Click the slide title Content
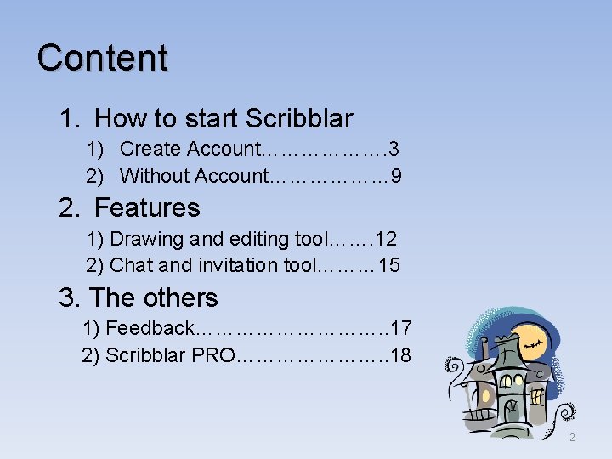point(102,58)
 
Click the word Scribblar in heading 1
point(299,118)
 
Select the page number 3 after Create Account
point(394,149)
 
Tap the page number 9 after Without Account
point(396,176)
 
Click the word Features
point(147,207)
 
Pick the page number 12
point(386,240)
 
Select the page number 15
point(388,265)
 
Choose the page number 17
point(401,327)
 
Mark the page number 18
point(400,354)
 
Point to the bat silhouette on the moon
point(534,345)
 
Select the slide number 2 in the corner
point(572,438)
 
